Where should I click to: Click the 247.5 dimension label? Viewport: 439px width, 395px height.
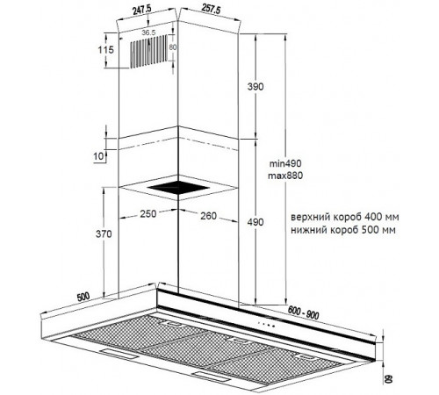pyautogui.click(x=142, y=11)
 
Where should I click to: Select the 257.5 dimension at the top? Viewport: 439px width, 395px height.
pyautogui.click(x=211, y=10)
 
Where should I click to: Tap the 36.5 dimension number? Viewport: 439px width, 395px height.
pyautogui.click(x=148, y=32)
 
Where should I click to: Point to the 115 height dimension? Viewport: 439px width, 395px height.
pyautogui.click(x=105, y=50)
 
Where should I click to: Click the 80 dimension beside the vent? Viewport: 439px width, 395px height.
pyautogui.click(x=173, y=47)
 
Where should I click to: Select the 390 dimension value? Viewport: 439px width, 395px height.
pyautogui.click(x=255, y=87)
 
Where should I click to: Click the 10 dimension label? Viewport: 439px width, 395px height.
pyautogui.click(x=98, y=156)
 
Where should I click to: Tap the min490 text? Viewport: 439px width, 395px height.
pyautogui.click(x=285, y=163)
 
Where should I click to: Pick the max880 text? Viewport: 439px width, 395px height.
pyautogui.click(x=285, y=176)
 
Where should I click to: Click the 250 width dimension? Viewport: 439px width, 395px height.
pyautogui.click(x=148, y=214)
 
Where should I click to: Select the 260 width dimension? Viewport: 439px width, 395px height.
pyautogui.click(x=208, y=216)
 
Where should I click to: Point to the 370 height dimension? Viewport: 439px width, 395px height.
pyautogui.click(x=104, y=234)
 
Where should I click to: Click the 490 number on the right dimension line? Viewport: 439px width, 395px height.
pyautogui.click(x=255, y=222)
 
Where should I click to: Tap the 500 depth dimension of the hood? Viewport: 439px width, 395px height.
pyautogui.click(x=83, y=298)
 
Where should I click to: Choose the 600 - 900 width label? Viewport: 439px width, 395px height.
pyautogui.click(x=304, y=312)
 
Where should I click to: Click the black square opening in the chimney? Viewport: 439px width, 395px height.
pyautogui.click(x=178, y=188)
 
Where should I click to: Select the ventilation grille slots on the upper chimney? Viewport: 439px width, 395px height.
pyautogui.click(x=149, y=52)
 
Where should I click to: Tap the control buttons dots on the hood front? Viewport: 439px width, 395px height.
pyautogui.click(x=266, y=324)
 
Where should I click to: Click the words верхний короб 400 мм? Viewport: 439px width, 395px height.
pyautogui.click(x=345, y=218)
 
